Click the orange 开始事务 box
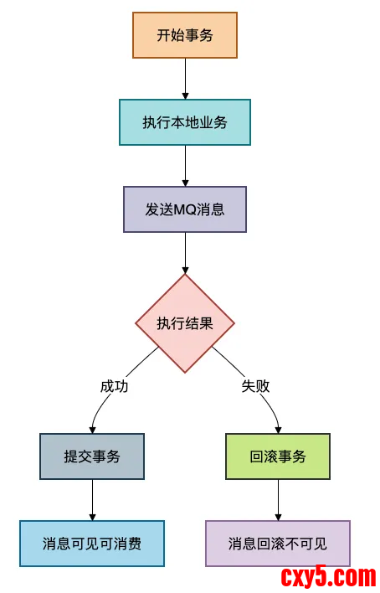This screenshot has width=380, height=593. pyautogui.click(x=185, y=35)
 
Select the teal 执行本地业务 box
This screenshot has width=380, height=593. pyautogui.click(x=185, y=122)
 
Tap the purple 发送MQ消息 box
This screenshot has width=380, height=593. pyautogui.click(x=185, y=209)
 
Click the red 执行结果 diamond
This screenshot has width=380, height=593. pyautogui.click(x=185, y=323)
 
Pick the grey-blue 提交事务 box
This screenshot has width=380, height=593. pyautogui.click(x=92, y=456)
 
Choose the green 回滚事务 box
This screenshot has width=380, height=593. pyautogui.click(x=278, y=456)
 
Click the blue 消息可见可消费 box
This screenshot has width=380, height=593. pyautogui.click(x=92, y=543)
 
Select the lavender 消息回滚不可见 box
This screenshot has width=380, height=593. pyautogui.click(x=278, y=543)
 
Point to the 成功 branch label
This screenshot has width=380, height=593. pyautogui.click(x=114, y=386)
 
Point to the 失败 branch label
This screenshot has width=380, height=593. pyautogui.click(x=256, y=386)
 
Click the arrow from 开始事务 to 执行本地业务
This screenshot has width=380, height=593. pyautogui.click(x=185, y=79)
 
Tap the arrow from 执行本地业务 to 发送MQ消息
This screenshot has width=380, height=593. pyautogui.click(x=185, y=166)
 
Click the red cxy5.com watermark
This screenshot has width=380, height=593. pyautogui.click(x=327, y=576)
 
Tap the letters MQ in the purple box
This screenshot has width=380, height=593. pyautogui.click(x=184, y=209)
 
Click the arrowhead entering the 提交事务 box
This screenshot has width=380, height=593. pyautogui.click(x=92, y=429)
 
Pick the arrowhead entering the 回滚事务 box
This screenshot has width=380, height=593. pyautogui.click(x=278, y=429)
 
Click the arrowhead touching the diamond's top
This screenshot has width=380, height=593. pyautogui.click(x=185, y=270)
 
